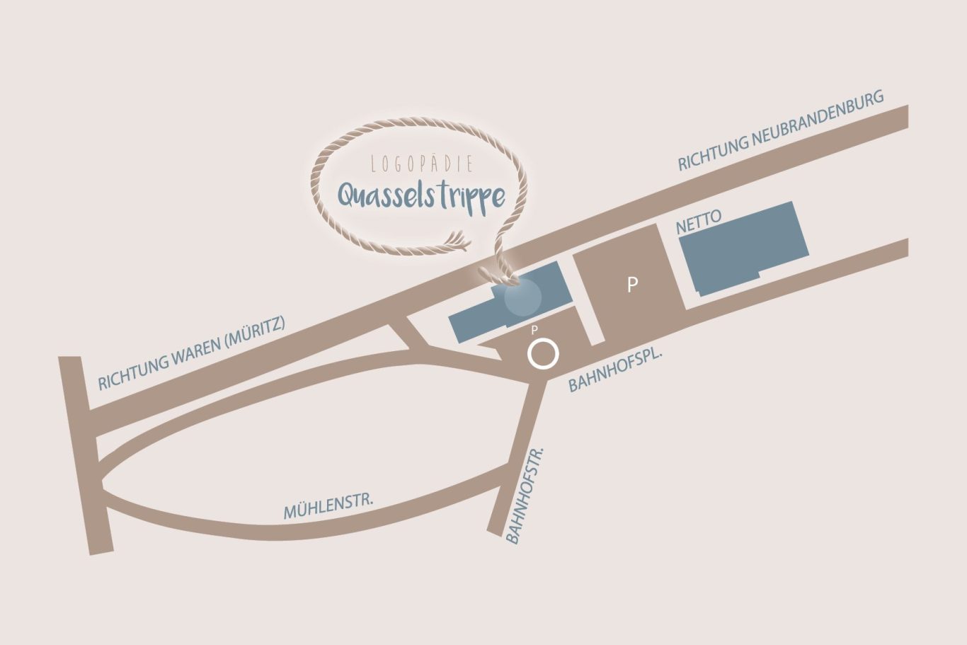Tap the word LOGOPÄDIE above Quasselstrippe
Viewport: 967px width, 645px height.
pyautogui.click(x=422, y=164)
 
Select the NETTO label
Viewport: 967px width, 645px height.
pyautogui.click(x=699, y=222)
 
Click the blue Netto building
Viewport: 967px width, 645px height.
pyautogui.click(x=743, y=248)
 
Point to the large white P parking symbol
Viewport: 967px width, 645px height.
pyautogui.click(x=633, y=285)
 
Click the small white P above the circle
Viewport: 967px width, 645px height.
pyautogui.click(x=534, y=330)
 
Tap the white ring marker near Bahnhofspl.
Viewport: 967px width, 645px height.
pyautogui.click(x=543, y=354)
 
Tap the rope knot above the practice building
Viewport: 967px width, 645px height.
pyautogui.click(x=498, y=272)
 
